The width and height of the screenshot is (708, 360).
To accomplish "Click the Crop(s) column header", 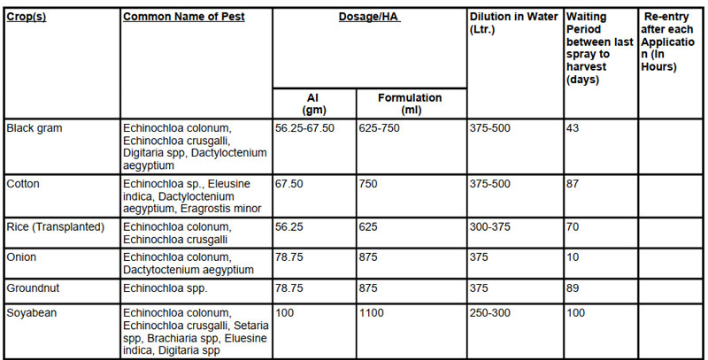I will click(27, 18).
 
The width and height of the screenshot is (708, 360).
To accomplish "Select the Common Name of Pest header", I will click(183, 18).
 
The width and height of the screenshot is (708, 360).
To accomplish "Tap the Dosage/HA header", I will click(369, 18).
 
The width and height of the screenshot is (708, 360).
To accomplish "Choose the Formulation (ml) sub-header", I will click(410, 103).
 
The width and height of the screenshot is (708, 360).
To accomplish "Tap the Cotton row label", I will click(23, 184).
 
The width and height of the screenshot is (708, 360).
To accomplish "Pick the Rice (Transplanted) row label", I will click(55, 227).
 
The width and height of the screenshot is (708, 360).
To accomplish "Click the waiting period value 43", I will click(573, 128).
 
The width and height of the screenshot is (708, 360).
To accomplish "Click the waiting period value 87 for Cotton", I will click(573, 184).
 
